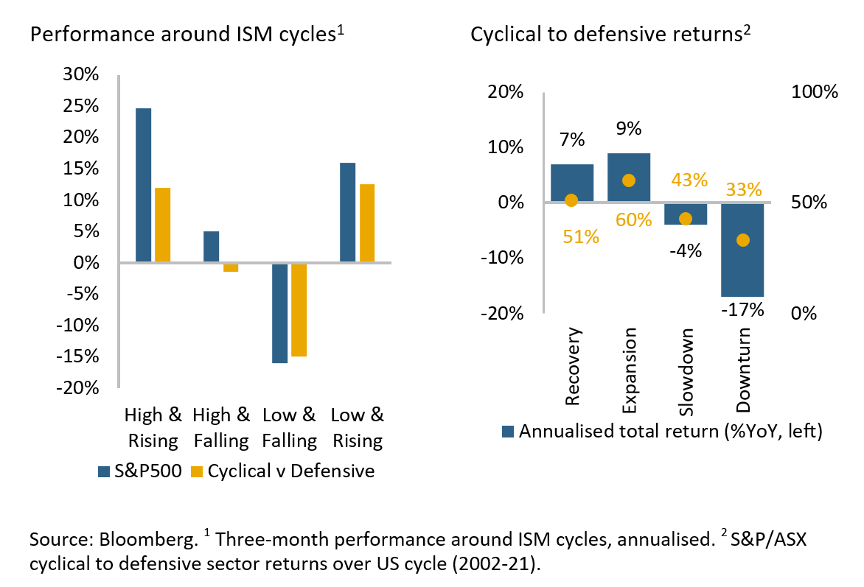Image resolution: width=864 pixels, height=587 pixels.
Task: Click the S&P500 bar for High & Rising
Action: pos(143,185)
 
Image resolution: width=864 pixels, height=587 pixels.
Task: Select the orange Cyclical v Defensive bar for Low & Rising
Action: pos(366,223)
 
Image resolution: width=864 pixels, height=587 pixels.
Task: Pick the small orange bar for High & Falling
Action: pos(231,267)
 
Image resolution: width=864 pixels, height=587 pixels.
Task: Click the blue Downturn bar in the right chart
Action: pos(742,250)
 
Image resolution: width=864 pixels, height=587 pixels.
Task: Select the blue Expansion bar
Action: pos(629,177)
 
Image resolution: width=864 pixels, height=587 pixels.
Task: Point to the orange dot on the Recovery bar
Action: pos(571,200)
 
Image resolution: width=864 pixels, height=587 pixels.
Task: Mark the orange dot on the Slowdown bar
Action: pos(686,219)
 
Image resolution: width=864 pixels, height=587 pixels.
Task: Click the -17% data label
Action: pos(742,309)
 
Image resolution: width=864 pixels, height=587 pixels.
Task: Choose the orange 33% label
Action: pos(743,189)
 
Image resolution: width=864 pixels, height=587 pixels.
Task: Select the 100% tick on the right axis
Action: pos(815,92)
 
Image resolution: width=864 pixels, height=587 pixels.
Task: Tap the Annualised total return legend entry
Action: pos(661,432)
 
